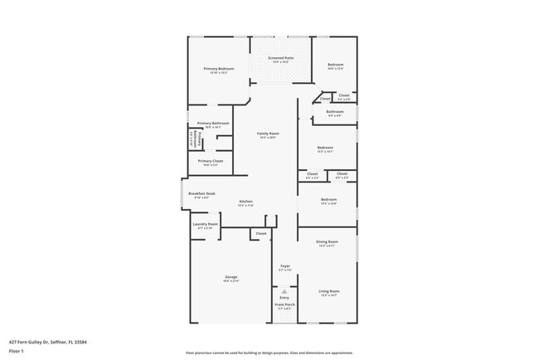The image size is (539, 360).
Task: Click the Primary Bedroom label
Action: (219, 68)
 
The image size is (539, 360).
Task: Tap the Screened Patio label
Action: (279, 58)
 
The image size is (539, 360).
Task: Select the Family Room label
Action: (267, 134)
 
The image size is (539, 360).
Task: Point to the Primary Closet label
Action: (210, 161)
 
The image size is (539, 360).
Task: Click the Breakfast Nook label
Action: (202, 193)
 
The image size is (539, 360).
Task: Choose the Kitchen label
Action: (245, 202)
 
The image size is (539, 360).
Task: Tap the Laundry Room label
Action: (205, 224)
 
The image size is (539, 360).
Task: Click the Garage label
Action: (231, 277)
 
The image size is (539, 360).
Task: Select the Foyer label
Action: (284, 266)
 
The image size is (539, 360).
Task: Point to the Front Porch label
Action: (284, 304)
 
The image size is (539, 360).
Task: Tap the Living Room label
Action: (329, 291)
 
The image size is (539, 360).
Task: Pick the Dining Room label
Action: (327, 241)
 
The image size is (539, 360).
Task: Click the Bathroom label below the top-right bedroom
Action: (334, 111)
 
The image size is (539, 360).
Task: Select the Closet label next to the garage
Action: (260, 234)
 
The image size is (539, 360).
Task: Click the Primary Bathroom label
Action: (213, 123)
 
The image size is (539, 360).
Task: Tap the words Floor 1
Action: (17, 351)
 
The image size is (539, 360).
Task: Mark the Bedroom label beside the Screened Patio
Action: (335, 65)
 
